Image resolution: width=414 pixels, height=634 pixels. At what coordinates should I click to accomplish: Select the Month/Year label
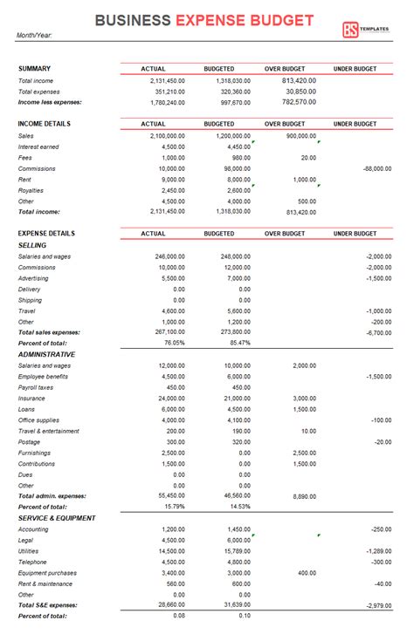33,37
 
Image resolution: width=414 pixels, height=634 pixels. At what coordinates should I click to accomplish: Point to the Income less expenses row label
50,101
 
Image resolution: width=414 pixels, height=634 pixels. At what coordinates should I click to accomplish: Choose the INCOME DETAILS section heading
44,124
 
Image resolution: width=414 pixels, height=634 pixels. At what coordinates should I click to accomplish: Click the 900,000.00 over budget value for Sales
300,136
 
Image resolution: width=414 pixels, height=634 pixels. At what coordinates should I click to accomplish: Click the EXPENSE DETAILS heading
46,233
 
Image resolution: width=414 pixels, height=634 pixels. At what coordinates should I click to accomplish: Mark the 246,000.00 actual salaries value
166,256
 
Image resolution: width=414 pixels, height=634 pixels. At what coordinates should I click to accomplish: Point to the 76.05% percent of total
173,343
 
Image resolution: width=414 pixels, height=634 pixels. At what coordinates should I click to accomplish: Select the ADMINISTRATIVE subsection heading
46,354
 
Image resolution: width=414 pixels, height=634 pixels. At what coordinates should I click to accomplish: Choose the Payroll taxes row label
35,387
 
